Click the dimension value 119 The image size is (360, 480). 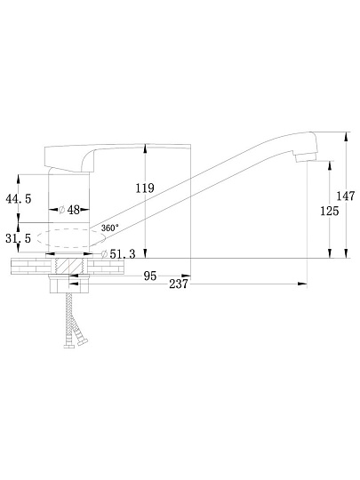(x=145, y=188)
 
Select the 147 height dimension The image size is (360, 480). (x=346, y=196)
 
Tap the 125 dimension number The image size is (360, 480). (x=330, y=211)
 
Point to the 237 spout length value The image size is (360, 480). (x=179, y=284)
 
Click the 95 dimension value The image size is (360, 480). (x=150, y=276)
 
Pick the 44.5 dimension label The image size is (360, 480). (x=19, y=199)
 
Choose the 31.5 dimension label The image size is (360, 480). (x=19, y=238)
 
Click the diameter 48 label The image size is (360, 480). (x=69, y=210)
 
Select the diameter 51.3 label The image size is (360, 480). (x=118, y=253)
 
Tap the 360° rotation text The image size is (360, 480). (x=110, y=228)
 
